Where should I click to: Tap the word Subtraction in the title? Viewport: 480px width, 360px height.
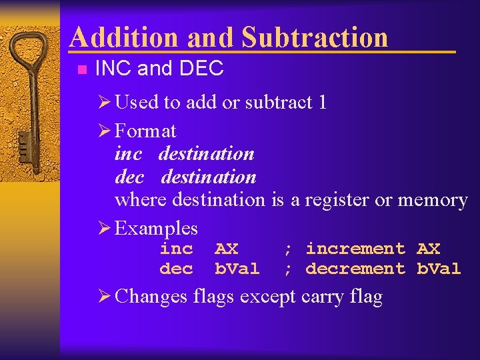(314, 37)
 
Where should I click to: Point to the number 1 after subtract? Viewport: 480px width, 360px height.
(322, 102)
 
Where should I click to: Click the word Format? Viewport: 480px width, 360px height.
(145, 130)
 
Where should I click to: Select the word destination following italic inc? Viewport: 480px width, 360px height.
(206, 153)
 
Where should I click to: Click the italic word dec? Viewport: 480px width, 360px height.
(129, 177)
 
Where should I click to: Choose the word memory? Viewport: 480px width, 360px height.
(432, 200)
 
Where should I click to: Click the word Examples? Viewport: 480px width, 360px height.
(156, 228)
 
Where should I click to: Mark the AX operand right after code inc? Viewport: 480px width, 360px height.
(226, 249)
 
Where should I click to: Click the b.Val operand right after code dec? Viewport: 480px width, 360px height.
(237, 269)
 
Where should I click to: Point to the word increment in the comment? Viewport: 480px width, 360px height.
(355, 249)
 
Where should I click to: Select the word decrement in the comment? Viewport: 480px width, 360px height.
(355, 269)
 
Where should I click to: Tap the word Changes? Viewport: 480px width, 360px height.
(151, 296)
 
